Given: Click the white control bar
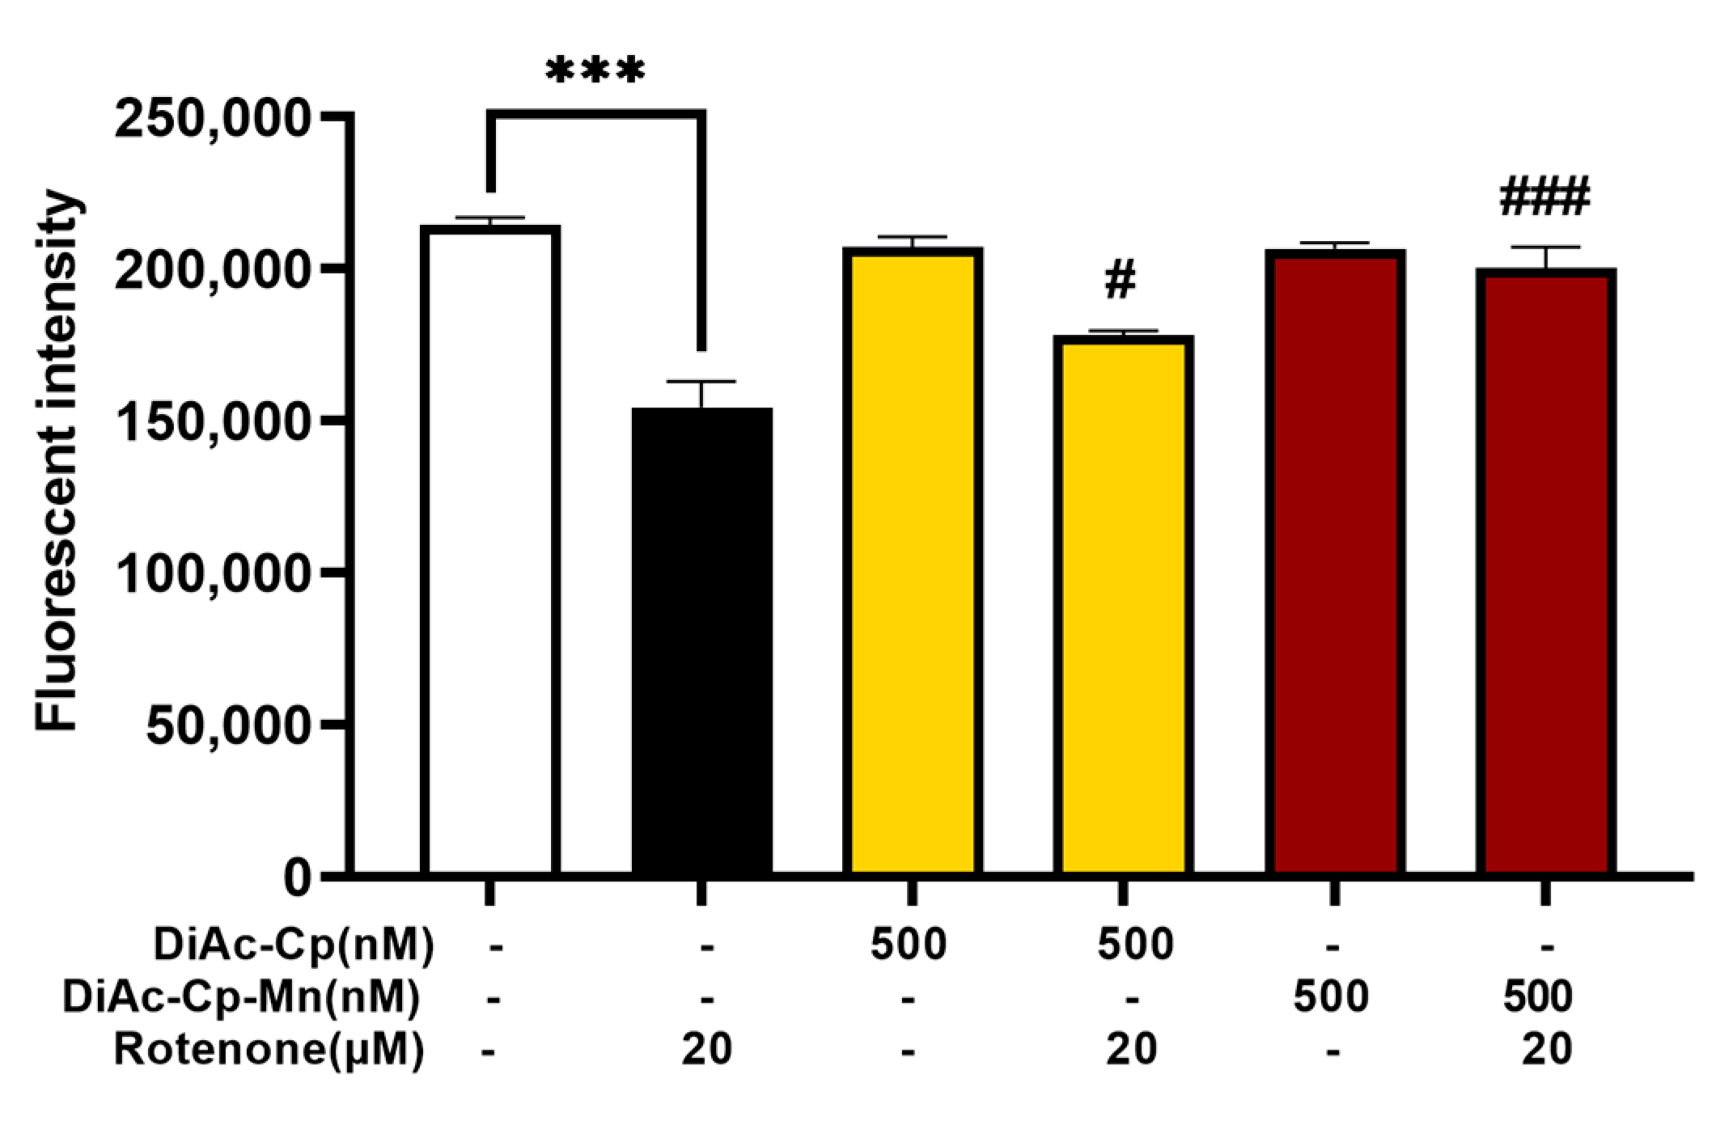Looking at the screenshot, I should (x=490, y=550).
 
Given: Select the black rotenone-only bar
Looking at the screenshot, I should (x=701, y=639).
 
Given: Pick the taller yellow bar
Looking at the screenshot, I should (x=913, y=558).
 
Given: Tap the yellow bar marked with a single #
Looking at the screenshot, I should (x=1123, y=607).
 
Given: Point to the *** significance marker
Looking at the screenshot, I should (x=595, y=71).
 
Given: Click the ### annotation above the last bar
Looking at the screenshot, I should (x=1544, y=197).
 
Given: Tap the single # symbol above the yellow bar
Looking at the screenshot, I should (x=1121, y=279).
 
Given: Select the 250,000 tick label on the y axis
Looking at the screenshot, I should (x=213, y=120).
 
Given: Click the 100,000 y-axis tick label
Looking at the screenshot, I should (x=213, y=574).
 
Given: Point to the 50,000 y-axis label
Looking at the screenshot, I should (x=227, y=725).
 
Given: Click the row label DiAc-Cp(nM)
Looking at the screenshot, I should (x=294, y=945).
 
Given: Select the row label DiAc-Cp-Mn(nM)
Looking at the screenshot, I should (x=241, y=996).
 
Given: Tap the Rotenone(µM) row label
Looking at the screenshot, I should (x=269, y=1050).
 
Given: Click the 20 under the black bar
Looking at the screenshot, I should (x=706, y=1050).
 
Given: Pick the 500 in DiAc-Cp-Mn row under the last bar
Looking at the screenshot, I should (x=1537, y=996).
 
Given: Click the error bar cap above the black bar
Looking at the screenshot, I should (x=701, y=381).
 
